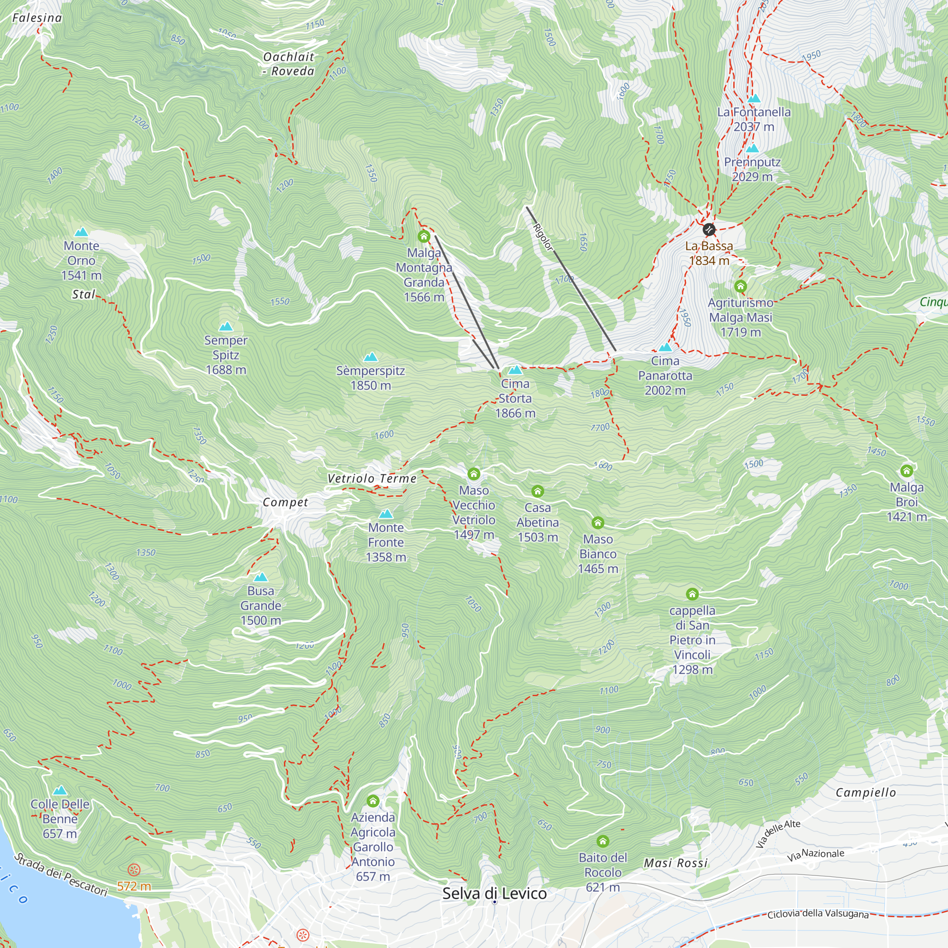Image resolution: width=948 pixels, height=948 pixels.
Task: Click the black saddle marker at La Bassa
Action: tap(709, 229)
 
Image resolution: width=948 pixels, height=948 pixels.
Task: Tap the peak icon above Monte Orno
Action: tap(82, 232)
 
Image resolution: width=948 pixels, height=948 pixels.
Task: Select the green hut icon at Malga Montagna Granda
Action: tap(424, 237)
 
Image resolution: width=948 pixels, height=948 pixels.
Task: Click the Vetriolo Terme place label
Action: tap(372, 478)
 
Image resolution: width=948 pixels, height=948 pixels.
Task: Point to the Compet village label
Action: tap(285, 502)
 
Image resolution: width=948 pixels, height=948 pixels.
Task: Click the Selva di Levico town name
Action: tap(494, 893)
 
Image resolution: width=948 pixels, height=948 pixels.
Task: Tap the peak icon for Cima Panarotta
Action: tap(665, 347)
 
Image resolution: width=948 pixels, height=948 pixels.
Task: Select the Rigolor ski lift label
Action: tap(543, 237)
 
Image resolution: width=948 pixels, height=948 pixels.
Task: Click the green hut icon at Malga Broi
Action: tap(906, 471)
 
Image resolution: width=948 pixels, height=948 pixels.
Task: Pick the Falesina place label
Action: tap(37, 18)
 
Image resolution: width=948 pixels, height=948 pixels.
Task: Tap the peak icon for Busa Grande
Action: tap(261, 577)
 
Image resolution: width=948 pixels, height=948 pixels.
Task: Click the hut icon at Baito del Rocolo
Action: tap(602, 841)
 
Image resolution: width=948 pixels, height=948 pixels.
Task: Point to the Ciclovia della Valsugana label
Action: tap(818, 914)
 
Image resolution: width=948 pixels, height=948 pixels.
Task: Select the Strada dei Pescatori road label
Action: tap(61, 875)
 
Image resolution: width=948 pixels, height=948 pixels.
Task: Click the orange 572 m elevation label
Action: tap(134, 886)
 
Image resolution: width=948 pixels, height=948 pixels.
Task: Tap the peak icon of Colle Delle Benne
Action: tap(60, 791)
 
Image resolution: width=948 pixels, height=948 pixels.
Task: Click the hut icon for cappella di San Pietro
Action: tap(692, 594)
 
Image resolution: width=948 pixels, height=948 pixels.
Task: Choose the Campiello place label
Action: tap(866, 793)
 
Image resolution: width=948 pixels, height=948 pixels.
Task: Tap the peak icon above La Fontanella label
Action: tap(754, 98)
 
